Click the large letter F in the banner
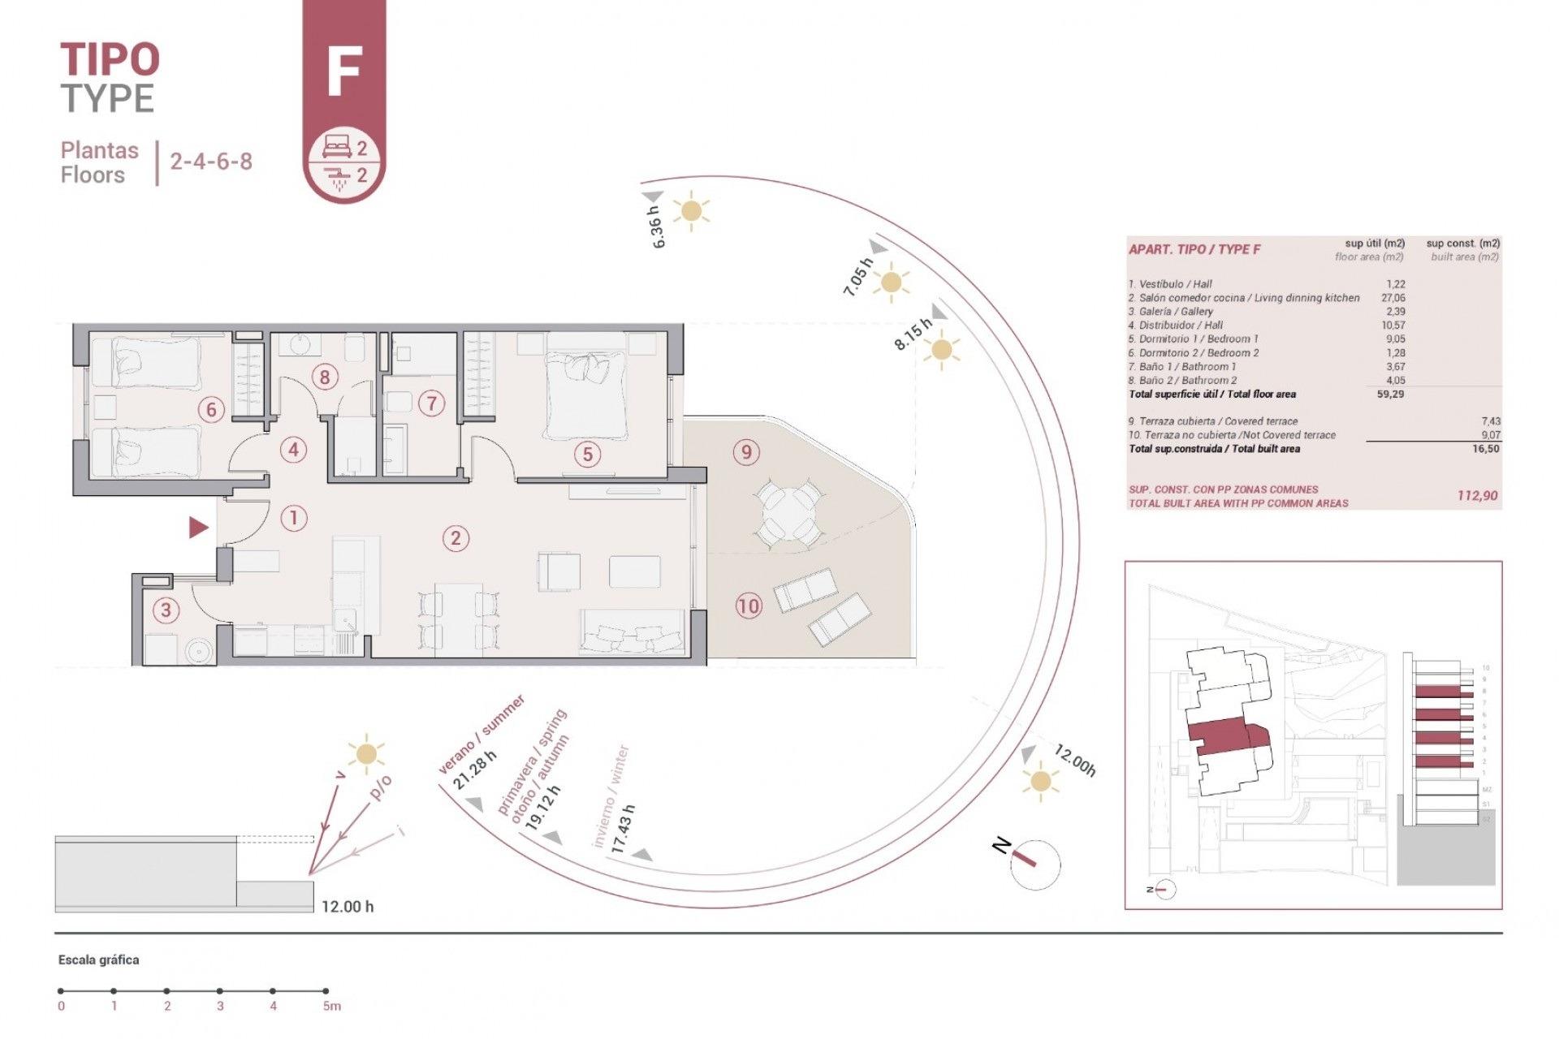343,72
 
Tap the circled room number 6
211,409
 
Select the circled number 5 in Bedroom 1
588,454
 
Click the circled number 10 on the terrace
749,605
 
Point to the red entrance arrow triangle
198,528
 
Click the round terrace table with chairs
786,512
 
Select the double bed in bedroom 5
586,394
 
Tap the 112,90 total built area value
1477,495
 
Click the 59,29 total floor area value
1389,394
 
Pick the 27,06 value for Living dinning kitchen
1393,298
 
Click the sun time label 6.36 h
657,226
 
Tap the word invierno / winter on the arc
611,795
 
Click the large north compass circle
1035,864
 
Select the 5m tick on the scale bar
326,990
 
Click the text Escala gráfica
98,960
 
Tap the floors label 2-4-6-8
211,161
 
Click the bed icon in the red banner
335,147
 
